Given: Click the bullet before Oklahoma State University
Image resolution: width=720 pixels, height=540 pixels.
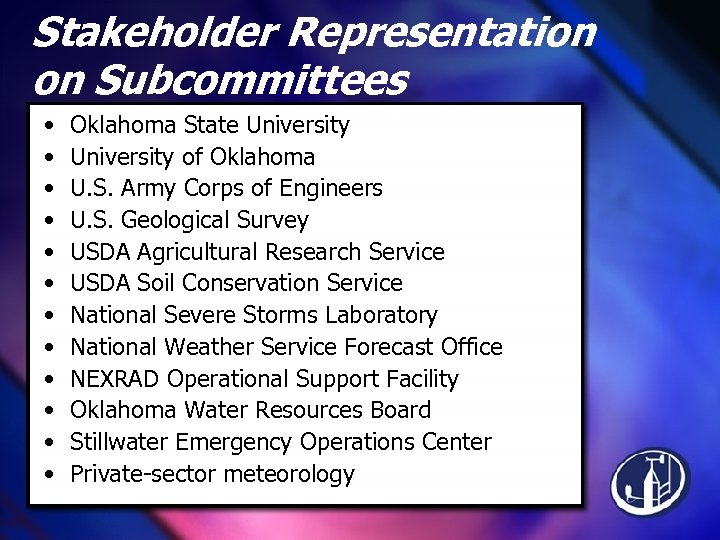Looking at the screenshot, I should pyautogui.click(x=48, y=126).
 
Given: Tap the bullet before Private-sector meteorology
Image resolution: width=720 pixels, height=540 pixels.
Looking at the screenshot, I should pyautogui.click(x=48, y=474).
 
